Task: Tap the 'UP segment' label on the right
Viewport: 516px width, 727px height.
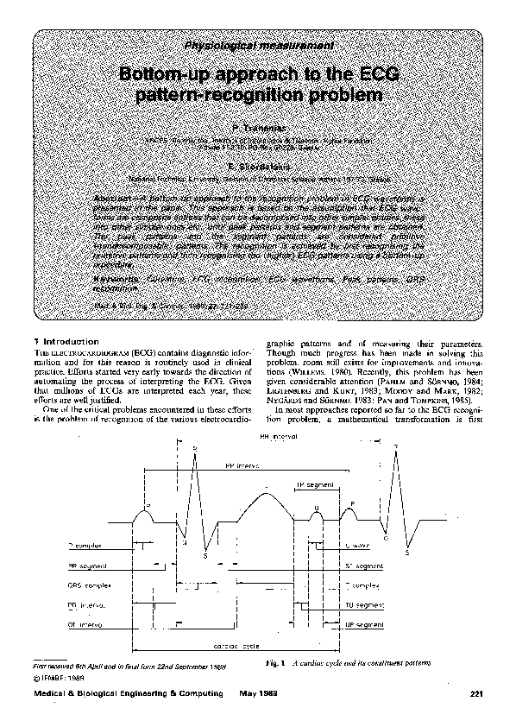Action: [x=370, y=623]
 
